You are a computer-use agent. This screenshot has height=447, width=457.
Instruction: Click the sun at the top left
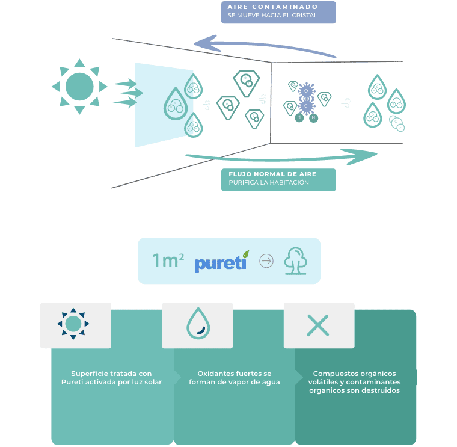[x=79, y=86]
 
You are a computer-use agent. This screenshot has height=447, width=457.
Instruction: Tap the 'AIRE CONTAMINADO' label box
[x=278, y=12]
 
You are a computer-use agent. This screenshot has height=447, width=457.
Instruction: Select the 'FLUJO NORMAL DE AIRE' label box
[x=278, y=179]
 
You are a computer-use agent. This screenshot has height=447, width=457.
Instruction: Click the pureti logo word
[x=220, y=262]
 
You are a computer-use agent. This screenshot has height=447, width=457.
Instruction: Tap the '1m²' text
[x=168, y=261]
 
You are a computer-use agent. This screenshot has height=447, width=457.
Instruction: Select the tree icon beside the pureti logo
[x=295, y=261]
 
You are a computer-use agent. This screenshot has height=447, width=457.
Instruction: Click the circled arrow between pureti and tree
[x=266, y=261]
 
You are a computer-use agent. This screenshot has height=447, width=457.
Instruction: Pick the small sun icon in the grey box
[x=73, y=324]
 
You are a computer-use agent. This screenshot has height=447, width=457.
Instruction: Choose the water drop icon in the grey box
[x=197, y=324]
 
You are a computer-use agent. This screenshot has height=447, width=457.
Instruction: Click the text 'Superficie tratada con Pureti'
[x=111, y=378]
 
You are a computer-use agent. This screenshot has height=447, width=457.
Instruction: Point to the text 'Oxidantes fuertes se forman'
[x=234, y=378]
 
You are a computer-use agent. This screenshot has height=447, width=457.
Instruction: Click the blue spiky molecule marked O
[x=306, y=91]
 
